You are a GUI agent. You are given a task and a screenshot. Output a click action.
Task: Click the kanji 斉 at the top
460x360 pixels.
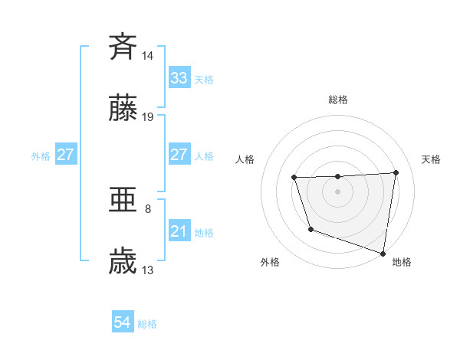[x=123, y=47]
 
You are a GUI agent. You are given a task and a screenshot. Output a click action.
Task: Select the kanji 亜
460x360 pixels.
[x=123, y=201]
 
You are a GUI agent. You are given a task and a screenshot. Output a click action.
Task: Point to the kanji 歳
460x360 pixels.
[x=123, y=262]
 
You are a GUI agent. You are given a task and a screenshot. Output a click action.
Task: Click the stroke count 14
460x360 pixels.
[x=148, y=55]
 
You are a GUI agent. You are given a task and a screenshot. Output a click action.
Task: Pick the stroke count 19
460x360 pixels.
[x=148, y=117]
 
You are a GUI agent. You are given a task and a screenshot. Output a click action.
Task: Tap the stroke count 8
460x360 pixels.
[x=148, y=208]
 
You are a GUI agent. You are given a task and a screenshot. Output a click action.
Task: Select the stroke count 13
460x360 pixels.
[x=148, y=270]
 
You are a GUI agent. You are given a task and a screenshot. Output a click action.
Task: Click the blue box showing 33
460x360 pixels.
[x=179, y=78]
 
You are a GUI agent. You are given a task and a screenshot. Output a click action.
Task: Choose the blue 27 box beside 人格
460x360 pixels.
[x=179, y=154]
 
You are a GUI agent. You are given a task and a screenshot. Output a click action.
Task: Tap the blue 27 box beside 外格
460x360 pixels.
[x=65, y=155]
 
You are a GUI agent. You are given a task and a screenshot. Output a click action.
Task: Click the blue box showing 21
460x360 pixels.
[x=179, y=231]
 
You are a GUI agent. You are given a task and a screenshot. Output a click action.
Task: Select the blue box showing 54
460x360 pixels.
[x=123, y=322]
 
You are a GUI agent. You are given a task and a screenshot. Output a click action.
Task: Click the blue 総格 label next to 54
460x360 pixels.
[x=147, y=324]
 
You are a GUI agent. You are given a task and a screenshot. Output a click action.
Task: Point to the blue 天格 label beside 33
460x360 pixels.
[x=203, y=80]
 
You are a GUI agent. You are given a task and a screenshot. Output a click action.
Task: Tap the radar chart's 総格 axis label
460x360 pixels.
[x=337, y=100]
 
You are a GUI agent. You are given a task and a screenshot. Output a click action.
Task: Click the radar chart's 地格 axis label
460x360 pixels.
[x=402, y=262]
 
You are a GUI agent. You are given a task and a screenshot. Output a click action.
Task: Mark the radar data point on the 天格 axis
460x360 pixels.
[x=396, y=172]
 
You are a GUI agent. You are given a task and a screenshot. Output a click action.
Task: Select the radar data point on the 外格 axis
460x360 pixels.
[x=310, y=229]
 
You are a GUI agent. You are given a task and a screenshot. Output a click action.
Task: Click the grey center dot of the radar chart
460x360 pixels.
[x=337, y=191]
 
